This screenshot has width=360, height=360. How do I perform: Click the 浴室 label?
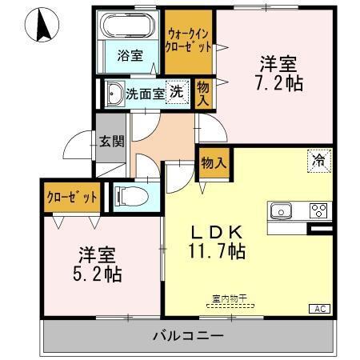point(129,56)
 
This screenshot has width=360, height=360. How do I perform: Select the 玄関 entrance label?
point(112,142)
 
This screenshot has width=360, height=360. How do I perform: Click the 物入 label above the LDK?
point(213,161)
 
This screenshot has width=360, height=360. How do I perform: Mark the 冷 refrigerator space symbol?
point(318,160)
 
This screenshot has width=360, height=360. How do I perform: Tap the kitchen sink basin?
point(282,211)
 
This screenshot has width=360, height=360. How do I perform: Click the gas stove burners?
point(318,211)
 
